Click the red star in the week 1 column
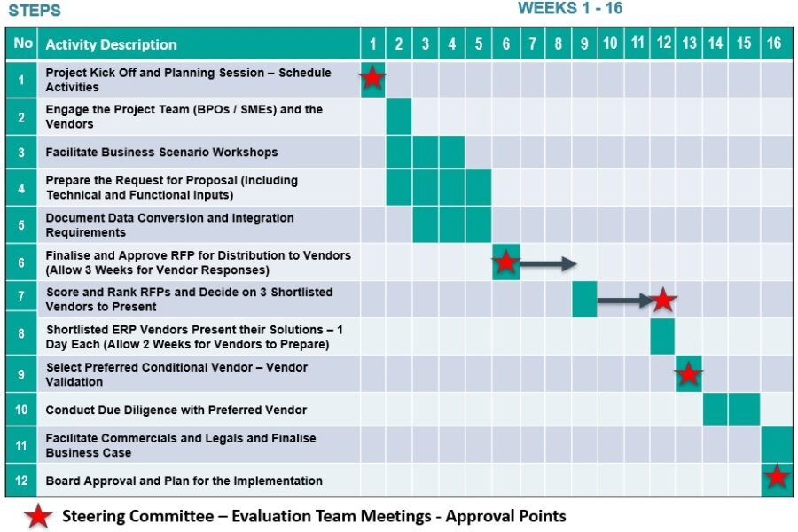pyautogui.click(x=372, y=78)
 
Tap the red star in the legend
pyautogui.click(x=38, y=516)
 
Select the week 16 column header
pyautogui.click(x=774, y=43)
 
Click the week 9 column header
pyautogui.click(x=584, y=43)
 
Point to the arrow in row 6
pyautogui.click(x=548, y=263)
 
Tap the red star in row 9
pyautogui.click(x=688, y=374)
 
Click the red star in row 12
pyautogui.click(x=777, y=477)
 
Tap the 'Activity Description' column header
pyautogui.click(x=112, y=44)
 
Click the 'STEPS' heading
pyautogui.click(x=35, y=11)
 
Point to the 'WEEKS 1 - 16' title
pyautogui.click(x=570, y=9)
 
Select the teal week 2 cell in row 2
pyautogui.click(x=399, y=116)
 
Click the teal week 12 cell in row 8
pyautogui.click(x=662, y=337)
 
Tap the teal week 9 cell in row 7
pyautogui.click(x=584, y=299)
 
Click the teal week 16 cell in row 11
pyautogui.click(x=777, y=444)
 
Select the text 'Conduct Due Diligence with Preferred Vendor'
pyautogui.click(x=176, y=410)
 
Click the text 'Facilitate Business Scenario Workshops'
pyautogui.click(x=161, y=153)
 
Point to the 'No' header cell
pyautogui.click(x=23, y=43)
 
